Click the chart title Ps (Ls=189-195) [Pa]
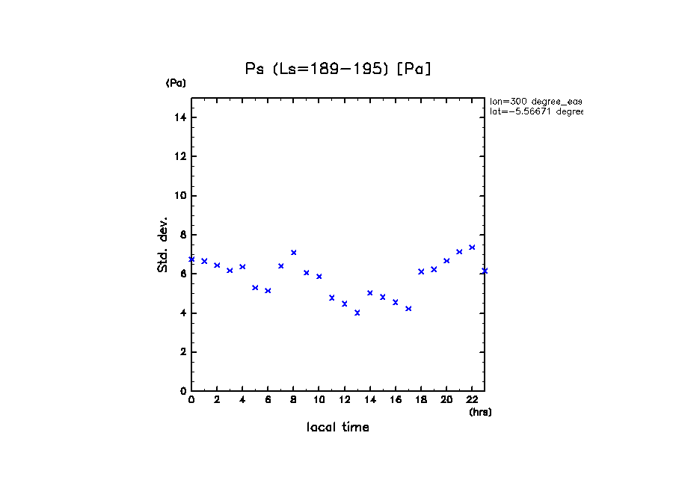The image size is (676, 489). pos(338,69)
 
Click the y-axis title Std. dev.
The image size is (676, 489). pos(163,244)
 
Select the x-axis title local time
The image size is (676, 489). pos(338,428)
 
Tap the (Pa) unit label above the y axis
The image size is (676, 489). pos(176,83)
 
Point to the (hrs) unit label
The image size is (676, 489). pos(480,412)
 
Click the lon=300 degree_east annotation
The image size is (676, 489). pos(535,101)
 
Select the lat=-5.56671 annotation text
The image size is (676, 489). pos(535,111)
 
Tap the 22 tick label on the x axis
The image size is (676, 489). pos(472,400)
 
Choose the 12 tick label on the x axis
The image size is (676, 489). pos(344,400)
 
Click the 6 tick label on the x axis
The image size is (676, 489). pos(268,400)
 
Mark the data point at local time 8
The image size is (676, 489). pos(294,253)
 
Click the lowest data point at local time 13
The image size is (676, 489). pos(357,313)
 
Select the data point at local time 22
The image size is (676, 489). pos(472,247)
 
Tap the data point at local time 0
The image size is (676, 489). pos(191,259)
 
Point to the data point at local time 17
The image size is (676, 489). pos(408,308)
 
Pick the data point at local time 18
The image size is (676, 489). pos(421,271)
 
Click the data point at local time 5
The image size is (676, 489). pos(255,288)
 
